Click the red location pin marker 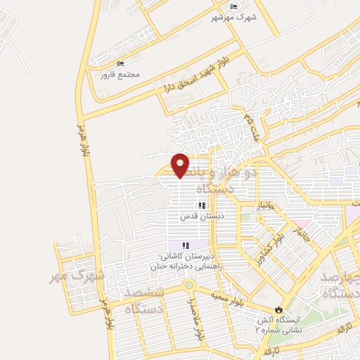coord(181,164)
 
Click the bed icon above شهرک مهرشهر coord(233,6)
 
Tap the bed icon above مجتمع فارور coord(120,64)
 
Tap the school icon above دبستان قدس coord(201,206)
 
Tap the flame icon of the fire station coord(280,309)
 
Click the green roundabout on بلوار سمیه coord(188,285)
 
